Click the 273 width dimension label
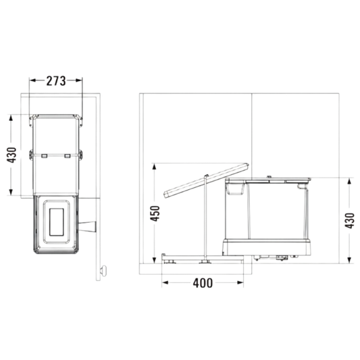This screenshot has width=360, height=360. (56, 81)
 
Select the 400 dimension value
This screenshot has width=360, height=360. (203, 283)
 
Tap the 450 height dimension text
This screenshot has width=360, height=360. (155, 213)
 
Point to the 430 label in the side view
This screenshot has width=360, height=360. (350, 221)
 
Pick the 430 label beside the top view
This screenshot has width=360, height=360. (11, 155)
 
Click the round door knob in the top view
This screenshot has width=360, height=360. (103, 271)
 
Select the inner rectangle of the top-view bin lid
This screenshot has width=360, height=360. (57, 222)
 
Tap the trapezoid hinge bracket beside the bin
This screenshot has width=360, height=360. (87, 227)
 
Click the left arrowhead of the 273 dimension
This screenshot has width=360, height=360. (33, 80)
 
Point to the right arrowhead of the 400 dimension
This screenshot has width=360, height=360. (240, 282)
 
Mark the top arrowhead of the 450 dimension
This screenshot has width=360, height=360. (154, 167)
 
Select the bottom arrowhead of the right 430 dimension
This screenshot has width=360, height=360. (349, 260)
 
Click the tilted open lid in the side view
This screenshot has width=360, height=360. (206, 180)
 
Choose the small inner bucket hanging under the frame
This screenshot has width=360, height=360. (234, 188)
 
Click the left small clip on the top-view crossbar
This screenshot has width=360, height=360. (44, 155)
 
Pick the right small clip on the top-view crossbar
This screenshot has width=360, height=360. (67, 155)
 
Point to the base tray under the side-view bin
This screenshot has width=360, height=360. (267, 247)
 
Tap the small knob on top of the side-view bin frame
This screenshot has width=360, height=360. (269, 177)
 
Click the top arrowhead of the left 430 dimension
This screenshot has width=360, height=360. (11, 118)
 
